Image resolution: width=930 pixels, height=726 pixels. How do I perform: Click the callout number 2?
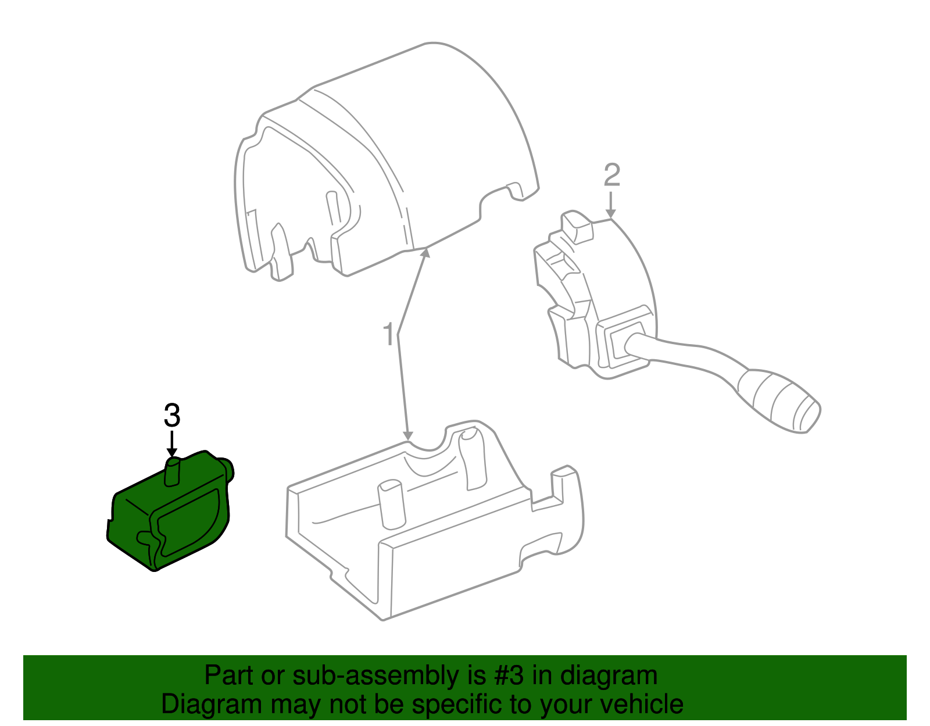[x=611, y=175]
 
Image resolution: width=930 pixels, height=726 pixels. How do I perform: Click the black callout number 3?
[x=172, y=416]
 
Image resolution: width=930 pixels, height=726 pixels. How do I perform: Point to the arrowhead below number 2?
[x=611, y=214]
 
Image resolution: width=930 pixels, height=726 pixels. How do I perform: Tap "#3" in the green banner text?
[x=506, y=676]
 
